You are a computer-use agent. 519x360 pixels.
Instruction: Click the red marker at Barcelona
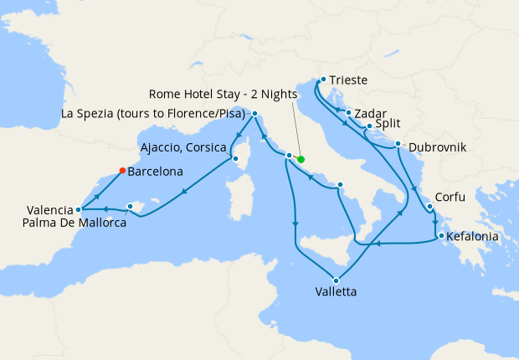[x=122, y=170]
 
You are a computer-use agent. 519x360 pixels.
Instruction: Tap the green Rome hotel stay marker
[x=301, y=159]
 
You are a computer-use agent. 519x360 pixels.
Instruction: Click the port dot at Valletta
[x=337, y=280]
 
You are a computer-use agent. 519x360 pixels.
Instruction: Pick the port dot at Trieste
[x=323, y=80]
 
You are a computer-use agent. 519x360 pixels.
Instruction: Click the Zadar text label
[x=370, y=111]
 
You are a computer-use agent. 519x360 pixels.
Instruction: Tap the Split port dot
[x=370, y=126]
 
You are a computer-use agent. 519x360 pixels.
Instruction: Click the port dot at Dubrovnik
[x=398, y=144]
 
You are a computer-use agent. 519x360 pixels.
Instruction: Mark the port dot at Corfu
[x=429, y=207]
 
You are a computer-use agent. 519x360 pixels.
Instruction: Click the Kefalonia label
[x=474, y=237]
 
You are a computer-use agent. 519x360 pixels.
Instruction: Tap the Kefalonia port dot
[x=441, y=235]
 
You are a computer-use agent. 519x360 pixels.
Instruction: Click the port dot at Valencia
[x=78, y=209]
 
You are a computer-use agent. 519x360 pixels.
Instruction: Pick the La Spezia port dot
[x=254, y=113]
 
